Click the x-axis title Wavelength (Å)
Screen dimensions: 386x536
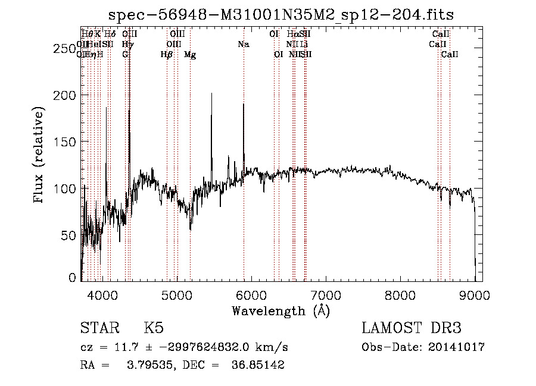click(x=281, y=310)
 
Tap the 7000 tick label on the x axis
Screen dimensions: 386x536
click(x=326, y=294)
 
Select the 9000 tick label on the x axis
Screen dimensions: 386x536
click(x=475, y=294)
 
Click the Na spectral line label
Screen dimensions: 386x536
click(x=243, y=44)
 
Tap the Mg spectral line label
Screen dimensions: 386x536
click(x=190, y=55)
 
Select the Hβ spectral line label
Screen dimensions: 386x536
click(x=167, y=55)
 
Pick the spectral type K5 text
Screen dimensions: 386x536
click(x=154, y=328)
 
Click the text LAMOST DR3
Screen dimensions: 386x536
click(x=412, y=328)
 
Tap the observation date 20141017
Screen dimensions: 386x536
click(x=456, y=347)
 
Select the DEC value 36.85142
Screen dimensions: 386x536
click(x=257, y=365)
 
